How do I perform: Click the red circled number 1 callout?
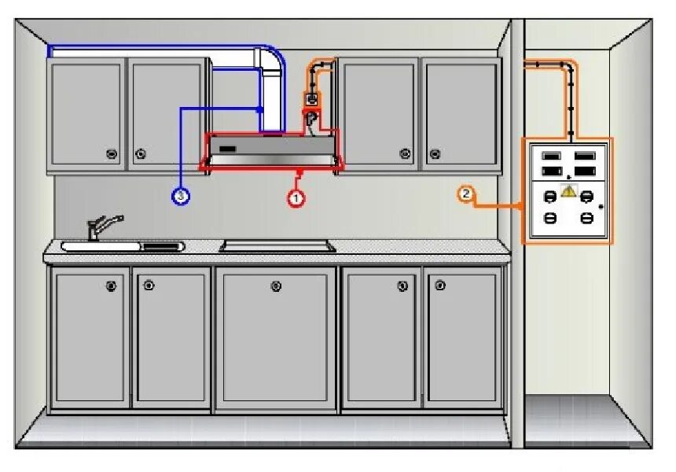[x=296, y=198]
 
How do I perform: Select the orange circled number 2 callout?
[x=466, y=194]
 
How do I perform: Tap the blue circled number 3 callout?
[x=181, y=196]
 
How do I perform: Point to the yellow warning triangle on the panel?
[x=568, y=190]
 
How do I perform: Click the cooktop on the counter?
[x=277, y=246]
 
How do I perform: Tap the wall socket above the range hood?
[x=311, y=100]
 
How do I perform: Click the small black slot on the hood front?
[x=228, y=149]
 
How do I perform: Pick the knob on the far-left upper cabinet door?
[x=111, y=153]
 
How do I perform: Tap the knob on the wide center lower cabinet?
[x=276, y=286]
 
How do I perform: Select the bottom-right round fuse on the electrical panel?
[x=586, y=217]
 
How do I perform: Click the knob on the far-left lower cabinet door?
[x=111, y=286]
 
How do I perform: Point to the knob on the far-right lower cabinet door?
[x=439, y=286]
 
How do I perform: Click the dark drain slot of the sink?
[x=162, y=246]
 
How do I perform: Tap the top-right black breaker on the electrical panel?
[x=584, y=155]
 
